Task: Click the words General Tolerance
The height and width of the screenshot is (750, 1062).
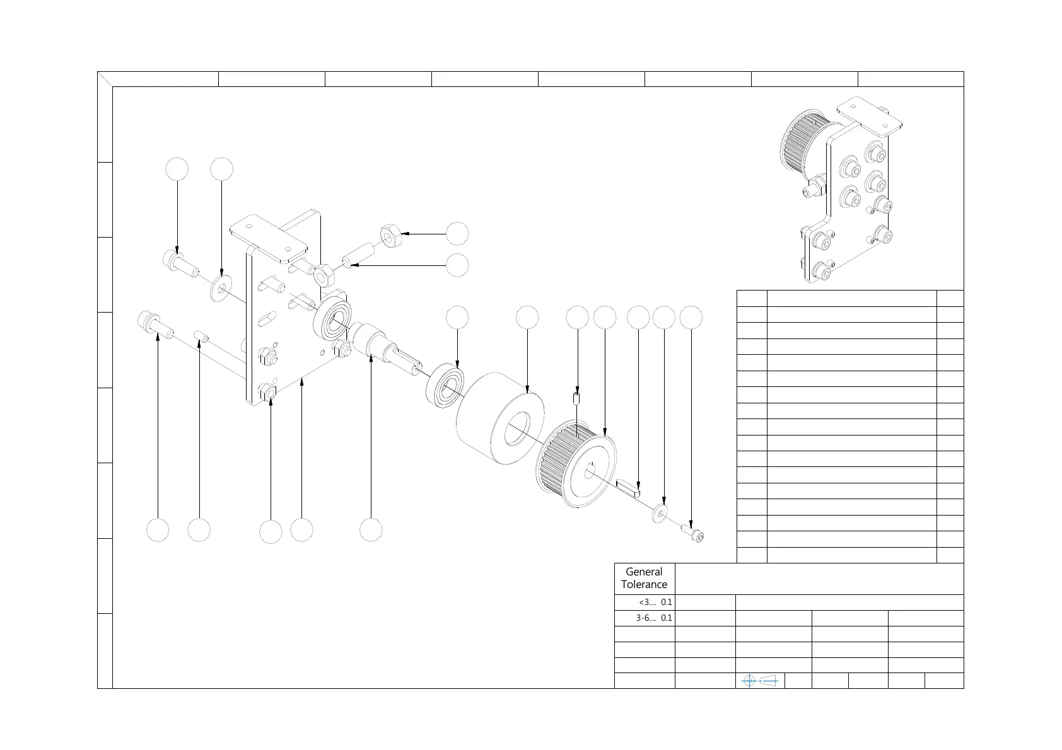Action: (644, 578)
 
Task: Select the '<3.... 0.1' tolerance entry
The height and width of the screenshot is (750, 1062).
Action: (655, 602)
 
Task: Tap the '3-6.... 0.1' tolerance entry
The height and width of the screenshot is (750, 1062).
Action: (653, 618)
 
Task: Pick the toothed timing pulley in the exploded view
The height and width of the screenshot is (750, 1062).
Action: (575, 463)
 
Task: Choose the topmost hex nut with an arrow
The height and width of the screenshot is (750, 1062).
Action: (389, 236)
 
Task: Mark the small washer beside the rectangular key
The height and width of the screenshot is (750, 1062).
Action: (660, 513)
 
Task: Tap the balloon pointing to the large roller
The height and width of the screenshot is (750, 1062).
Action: (527, 318)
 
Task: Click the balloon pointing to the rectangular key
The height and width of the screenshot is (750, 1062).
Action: (638, 318)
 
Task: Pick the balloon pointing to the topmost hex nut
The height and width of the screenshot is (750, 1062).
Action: (457, 234)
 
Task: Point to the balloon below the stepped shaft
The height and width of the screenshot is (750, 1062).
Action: (371, 530)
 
